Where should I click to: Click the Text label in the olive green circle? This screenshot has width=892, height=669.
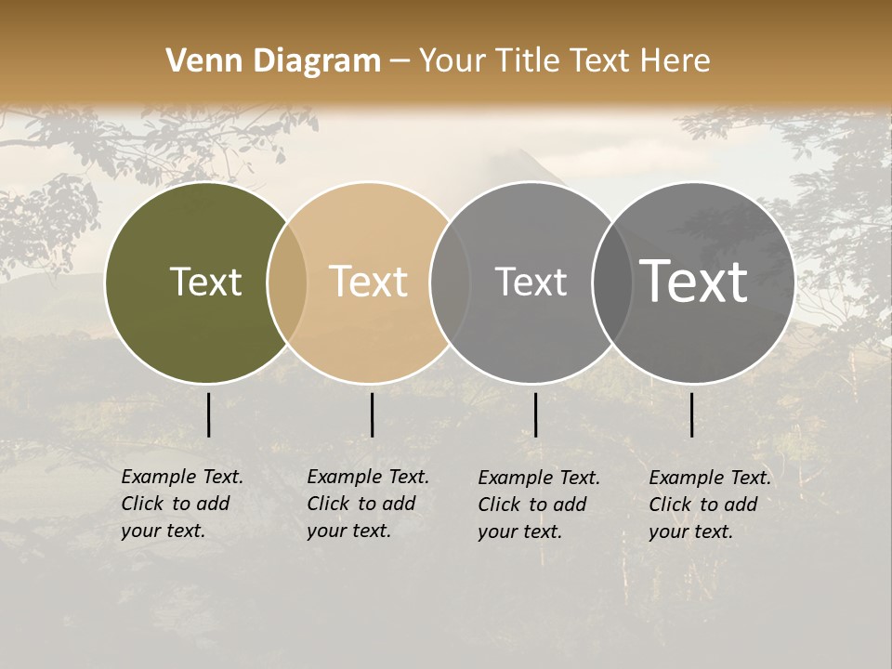[x=205, y=282]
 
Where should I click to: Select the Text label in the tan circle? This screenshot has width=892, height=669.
[x=368, y=282]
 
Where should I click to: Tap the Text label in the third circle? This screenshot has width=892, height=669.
[x=531, y=282]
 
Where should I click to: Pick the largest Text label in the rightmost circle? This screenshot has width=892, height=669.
[x=694, y=281]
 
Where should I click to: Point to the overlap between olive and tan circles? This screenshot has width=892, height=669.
[x=287, y=282]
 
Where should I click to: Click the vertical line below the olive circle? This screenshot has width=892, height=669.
[x=208, y=414]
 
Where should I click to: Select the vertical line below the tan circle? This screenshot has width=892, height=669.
[x=372, y=414]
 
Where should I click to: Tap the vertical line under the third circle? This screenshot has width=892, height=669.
[x=535, y=414]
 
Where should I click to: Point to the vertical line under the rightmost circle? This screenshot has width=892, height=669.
[x=691, y=414]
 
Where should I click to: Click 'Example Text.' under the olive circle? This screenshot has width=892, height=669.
[x=182, y=477]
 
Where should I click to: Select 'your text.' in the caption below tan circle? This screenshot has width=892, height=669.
[x=348, y=531]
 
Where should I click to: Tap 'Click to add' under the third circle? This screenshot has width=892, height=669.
[x=532, y=505]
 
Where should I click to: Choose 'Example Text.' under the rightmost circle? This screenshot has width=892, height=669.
[x=710, y=478]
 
